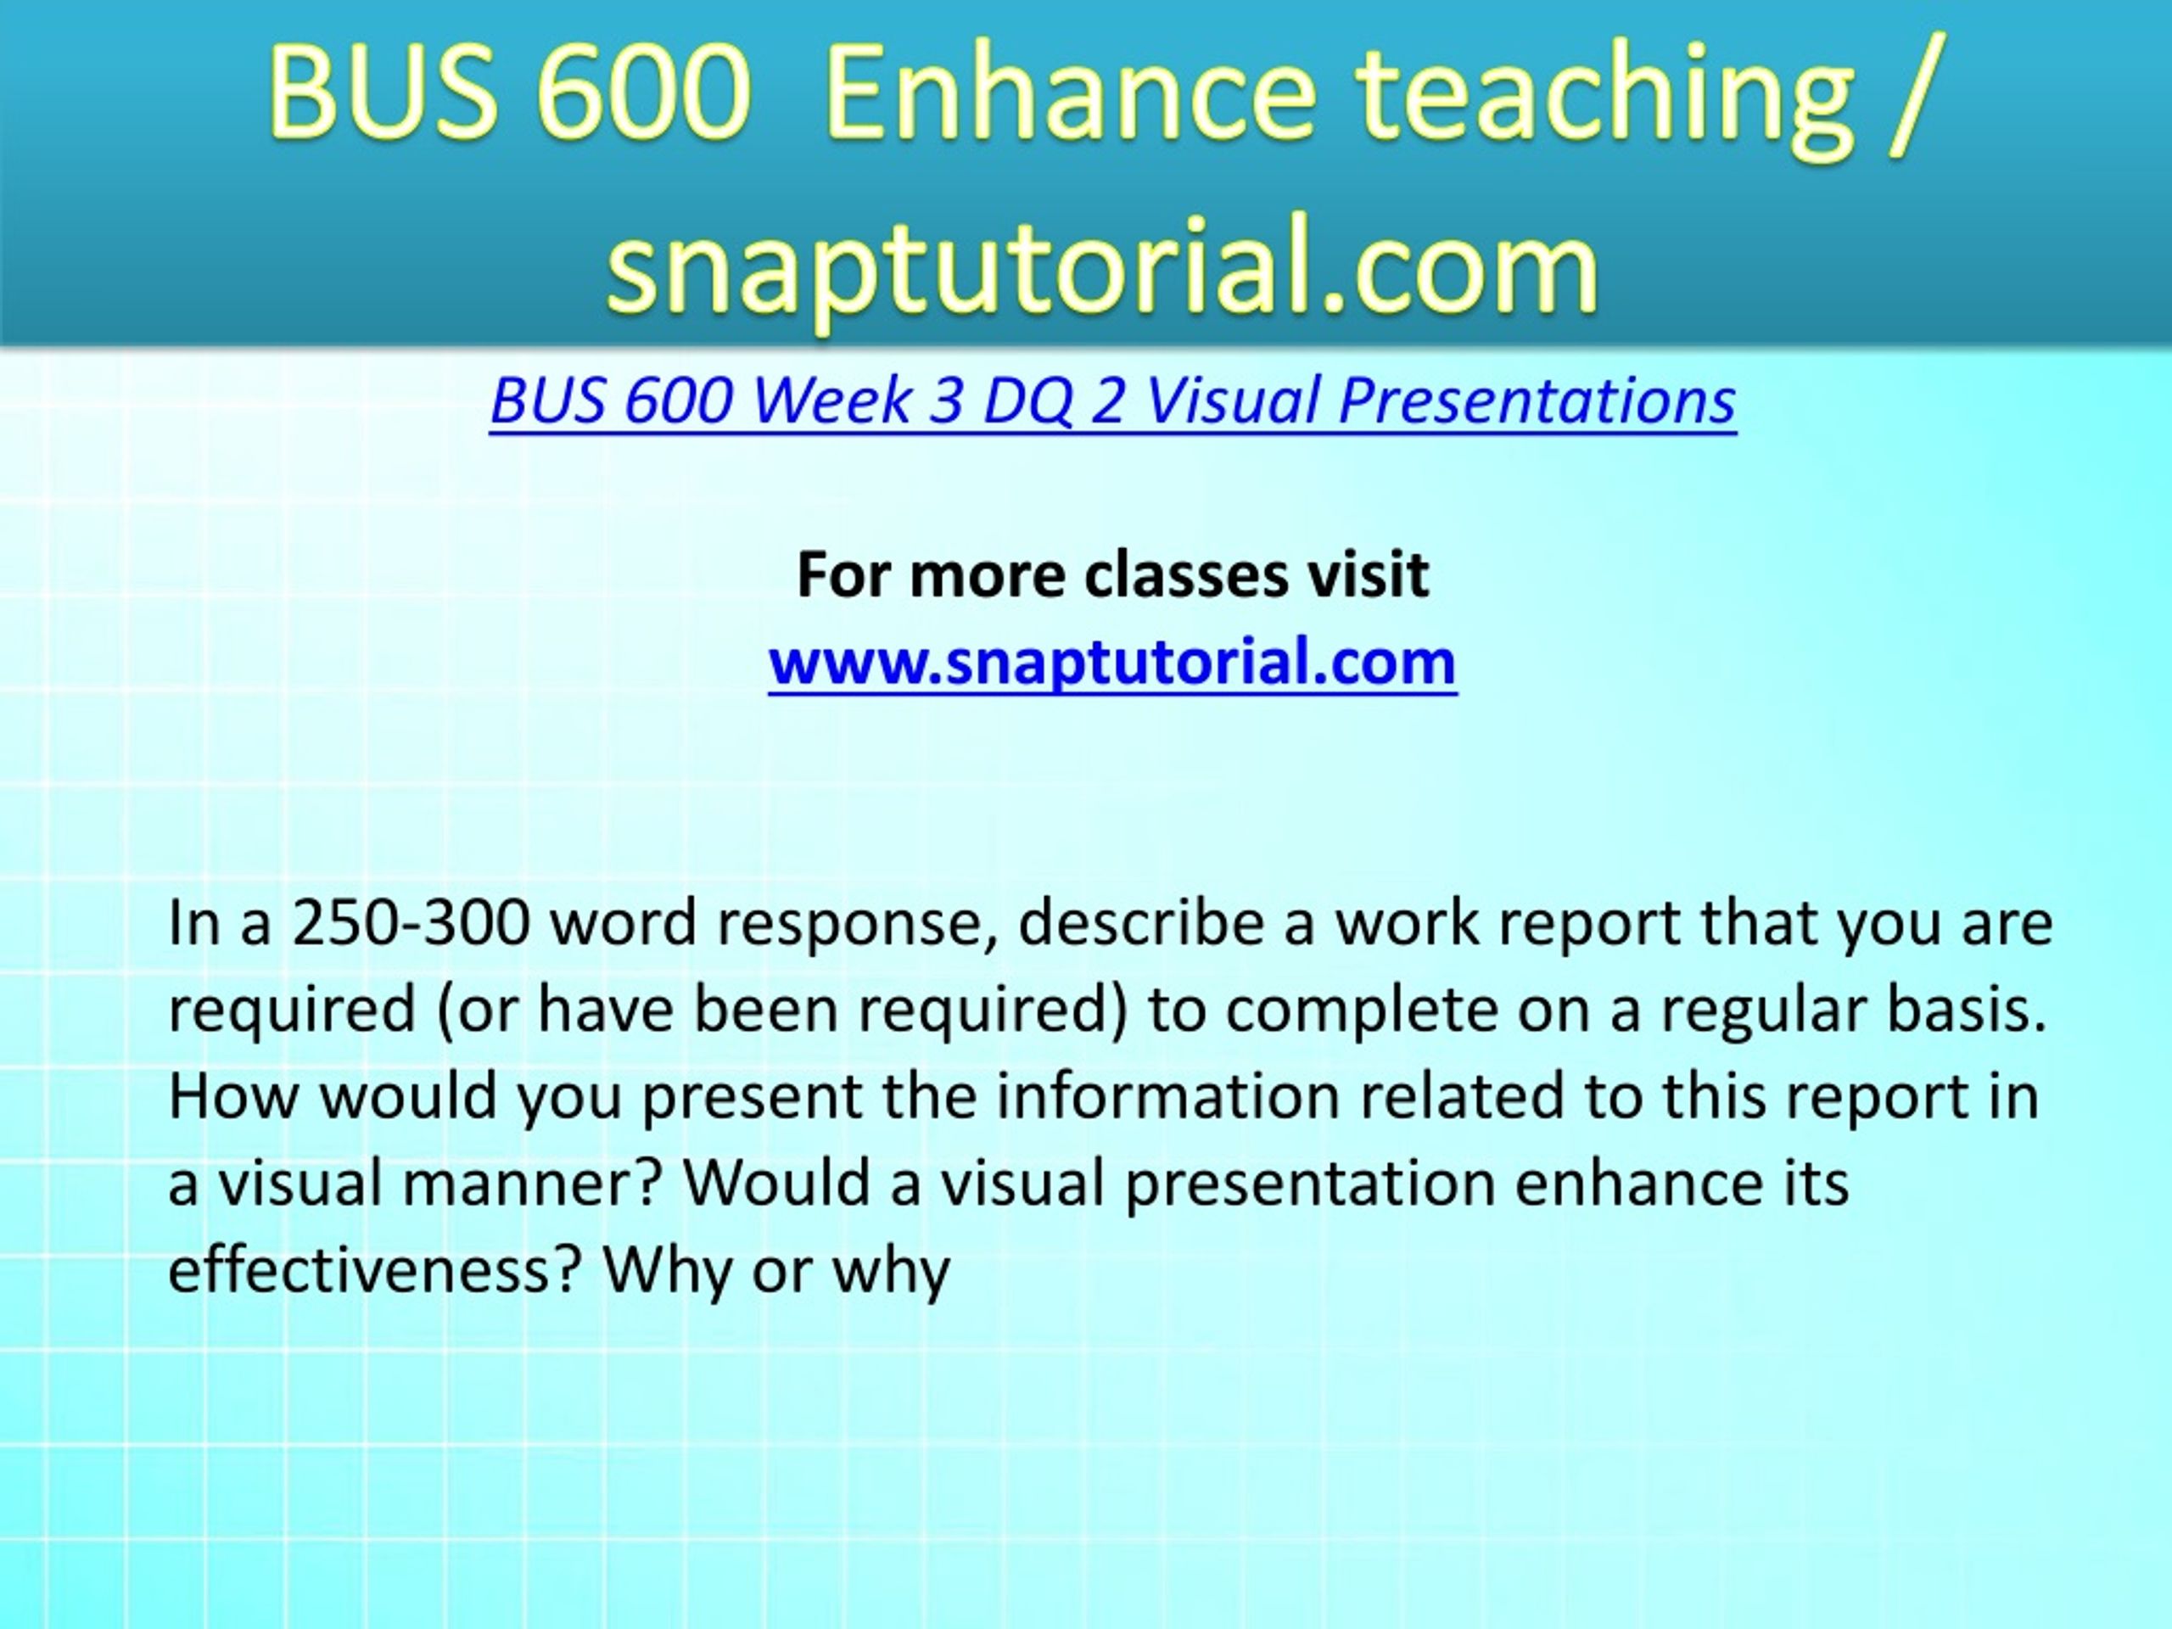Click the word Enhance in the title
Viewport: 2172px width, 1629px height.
[1069, 93]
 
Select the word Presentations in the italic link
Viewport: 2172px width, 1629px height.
[1537, 401]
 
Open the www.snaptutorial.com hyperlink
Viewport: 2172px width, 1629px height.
[1112, 663]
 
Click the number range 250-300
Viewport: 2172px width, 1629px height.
[411, 923]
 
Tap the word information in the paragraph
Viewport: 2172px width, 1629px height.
[1167, 1096]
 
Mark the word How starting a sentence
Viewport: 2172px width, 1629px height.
[232, 1096]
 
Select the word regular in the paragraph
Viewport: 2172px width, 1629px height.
[1765, 1011]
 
